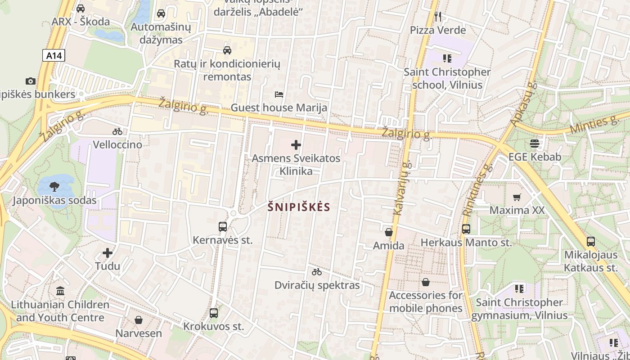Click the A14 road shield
pyautogui.click(x=54, y=55)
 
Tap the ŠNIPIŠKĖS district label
pyautogui.click(x=299, y=207)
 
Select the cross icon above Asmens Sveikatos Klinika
pyautogui.click(x=296, y=145)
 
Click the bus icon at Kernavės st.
pyautogui.click(x=223, y=227)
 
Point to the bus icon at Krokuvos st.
pyautogui.click(x=214, y=313)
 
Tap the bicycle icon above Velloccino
pyautogui.click(x=117, y=131)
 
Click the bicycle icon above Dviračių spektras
pyautogui.click(x=317, y=272)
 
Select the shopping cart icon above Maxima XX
pyautogui.click(x=517, y=197)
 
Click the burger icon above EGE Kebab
pyautogui.click(x=535, y=144)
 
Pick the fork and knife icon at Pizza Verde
pyautogui.click(x=438, y=17)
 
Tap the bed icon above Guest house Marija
pyautogui.click(x=279, y=94)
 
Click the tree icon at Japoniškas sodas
pyautogui.click(x=54, y=187)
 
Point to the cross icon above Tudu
pyautogui.click(x=108, y=253)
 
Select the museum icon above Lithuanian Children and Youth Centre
pyautogui.click(x=60, y=291)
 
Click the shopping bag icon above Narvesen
pyautogui.click(x=139, y=320)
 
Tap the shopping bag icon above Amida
pyautogui.click(x=389, y=232)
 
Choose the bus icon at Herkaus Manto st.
pyautogui.click(x=466, y=229)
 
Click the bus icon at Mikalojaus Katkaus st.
pyautogui.click(x=591, y=242)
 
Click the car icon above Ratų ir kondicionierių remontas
pyautogui.click(x=227, y=50)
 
